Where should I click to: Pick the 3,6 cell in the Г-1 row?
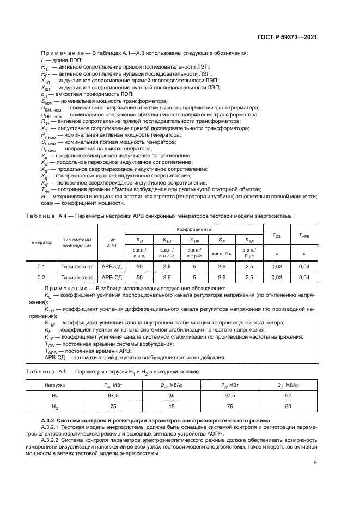(x=166, y=267)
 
